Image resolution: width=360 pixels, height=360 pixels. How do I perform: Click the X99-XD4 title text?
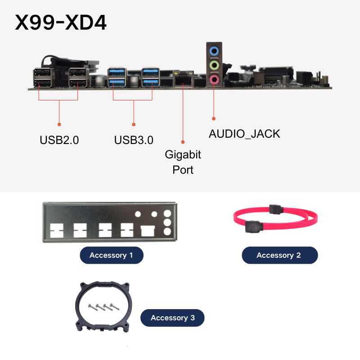tap(61, 22)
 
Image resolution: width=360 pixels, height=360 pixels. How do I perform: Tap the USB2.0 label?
tap(59, 140)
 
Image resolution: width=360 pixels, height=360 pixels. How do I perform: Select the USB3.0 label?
tap(134, 140)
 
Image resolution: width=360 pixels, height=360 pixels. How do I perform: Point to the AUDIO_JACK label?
tap(244, 134)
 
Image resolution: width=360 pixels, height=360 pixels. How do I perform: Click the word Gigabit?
tap(183, 155)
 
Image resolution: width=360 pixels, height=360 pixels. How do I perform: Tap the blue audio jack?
tap(214, 51)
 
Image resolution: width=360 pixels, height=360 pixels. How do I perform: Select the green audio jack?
tap(214, 65)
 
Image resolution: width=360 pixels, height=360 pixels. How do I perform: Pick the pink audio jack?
tap(214, 80)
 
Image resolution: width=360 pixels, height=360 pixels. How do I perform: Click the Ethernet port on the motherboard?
tap(183, 79)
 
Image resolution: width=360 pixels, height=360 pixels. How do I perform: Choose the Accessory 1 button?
tap(112, 255)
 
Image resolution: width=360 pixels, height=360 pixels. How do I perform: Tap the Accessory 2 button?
tap(280, 255)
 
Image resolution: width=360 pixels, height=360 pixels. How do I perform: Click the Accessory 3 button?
tap(172, 318)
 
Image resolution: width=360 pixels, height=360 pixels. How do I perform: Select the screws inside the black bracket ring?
tap(104, 307)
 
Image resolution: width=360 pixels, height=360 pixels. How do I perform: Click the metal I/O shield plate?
tap(110, 222)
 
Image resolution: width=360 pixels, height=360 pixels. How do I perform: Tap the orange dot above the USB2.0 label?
tap(59, 125)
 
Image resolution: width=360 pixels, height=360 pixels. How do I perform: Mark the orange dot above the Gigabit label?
tap(183, 142)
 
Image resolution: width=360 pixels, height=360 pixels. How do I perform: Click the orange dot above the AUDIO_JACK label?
tap(214, 119)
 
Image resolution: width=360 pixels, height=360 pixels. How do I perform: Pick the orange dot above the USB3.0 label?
tap(134, 125)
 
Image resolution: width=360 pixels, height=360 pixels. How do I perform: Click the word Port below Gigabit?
tap(183, 170)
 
